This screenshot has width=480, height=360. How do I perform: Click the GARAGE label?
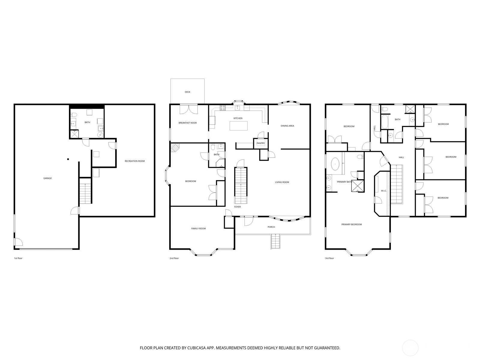pyautogui.click(x=47, y=178)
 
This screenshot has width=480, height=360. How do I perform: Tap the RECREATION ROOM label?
pyautogui.click(x=135, y=161)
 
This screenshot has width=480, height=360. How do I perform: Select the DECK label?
pyautogui.click(x=187, y=92)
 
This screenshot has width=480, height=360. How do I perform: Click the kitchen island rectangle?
pyautogui.click(x=239, y=125)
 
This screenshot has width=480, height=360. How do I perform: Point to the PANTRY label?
pyautogui.click(x=260, y=143)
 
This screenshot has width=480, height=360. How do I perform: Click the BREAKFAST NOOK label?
pyautogui.click(x=187, y=123)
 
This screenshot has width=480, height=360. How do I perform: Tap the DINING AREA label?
pyautogui.click(x=287, y=126)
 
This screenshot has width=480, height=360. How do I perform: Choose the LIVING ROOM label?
pyautogui.click(x=282, y=182)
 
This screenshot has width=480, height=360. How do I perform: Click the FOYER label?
pyautogui.click(x=237, y=207)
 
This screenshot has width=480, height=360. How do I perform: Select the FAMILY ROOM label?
pyautogui.click(x=198, y=229)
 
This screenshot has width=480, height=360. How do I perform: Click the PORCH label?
pyautogui.click(x=271, y=227)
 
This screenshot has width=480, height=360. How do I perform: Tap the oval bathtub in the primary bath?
pyautogui.click(x=335, y=164)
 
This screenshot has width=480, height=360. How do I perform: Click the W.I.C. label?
pyautogui.click(x=384, y=191)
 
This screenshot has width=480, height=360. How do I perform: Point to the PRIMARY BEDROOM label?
pyautogui.click(x=351, y=224)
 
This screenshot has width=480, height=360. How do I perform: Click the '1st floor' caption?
pyautogui.click(x=18, y=258)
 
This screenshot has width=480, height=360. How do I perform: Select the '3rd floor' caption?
pyautogui.click(x=329, y=258)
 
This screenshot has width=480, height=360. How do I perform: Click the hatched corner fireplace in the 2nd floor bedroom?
pyautogui.click(x=175, y=147)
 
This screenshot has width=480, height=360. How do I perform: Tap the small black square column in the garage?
pyautogui.click(x=68, y=159)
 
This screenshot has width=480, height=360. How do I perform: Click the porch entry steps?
pyautogui.click(x=276, y=242)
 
